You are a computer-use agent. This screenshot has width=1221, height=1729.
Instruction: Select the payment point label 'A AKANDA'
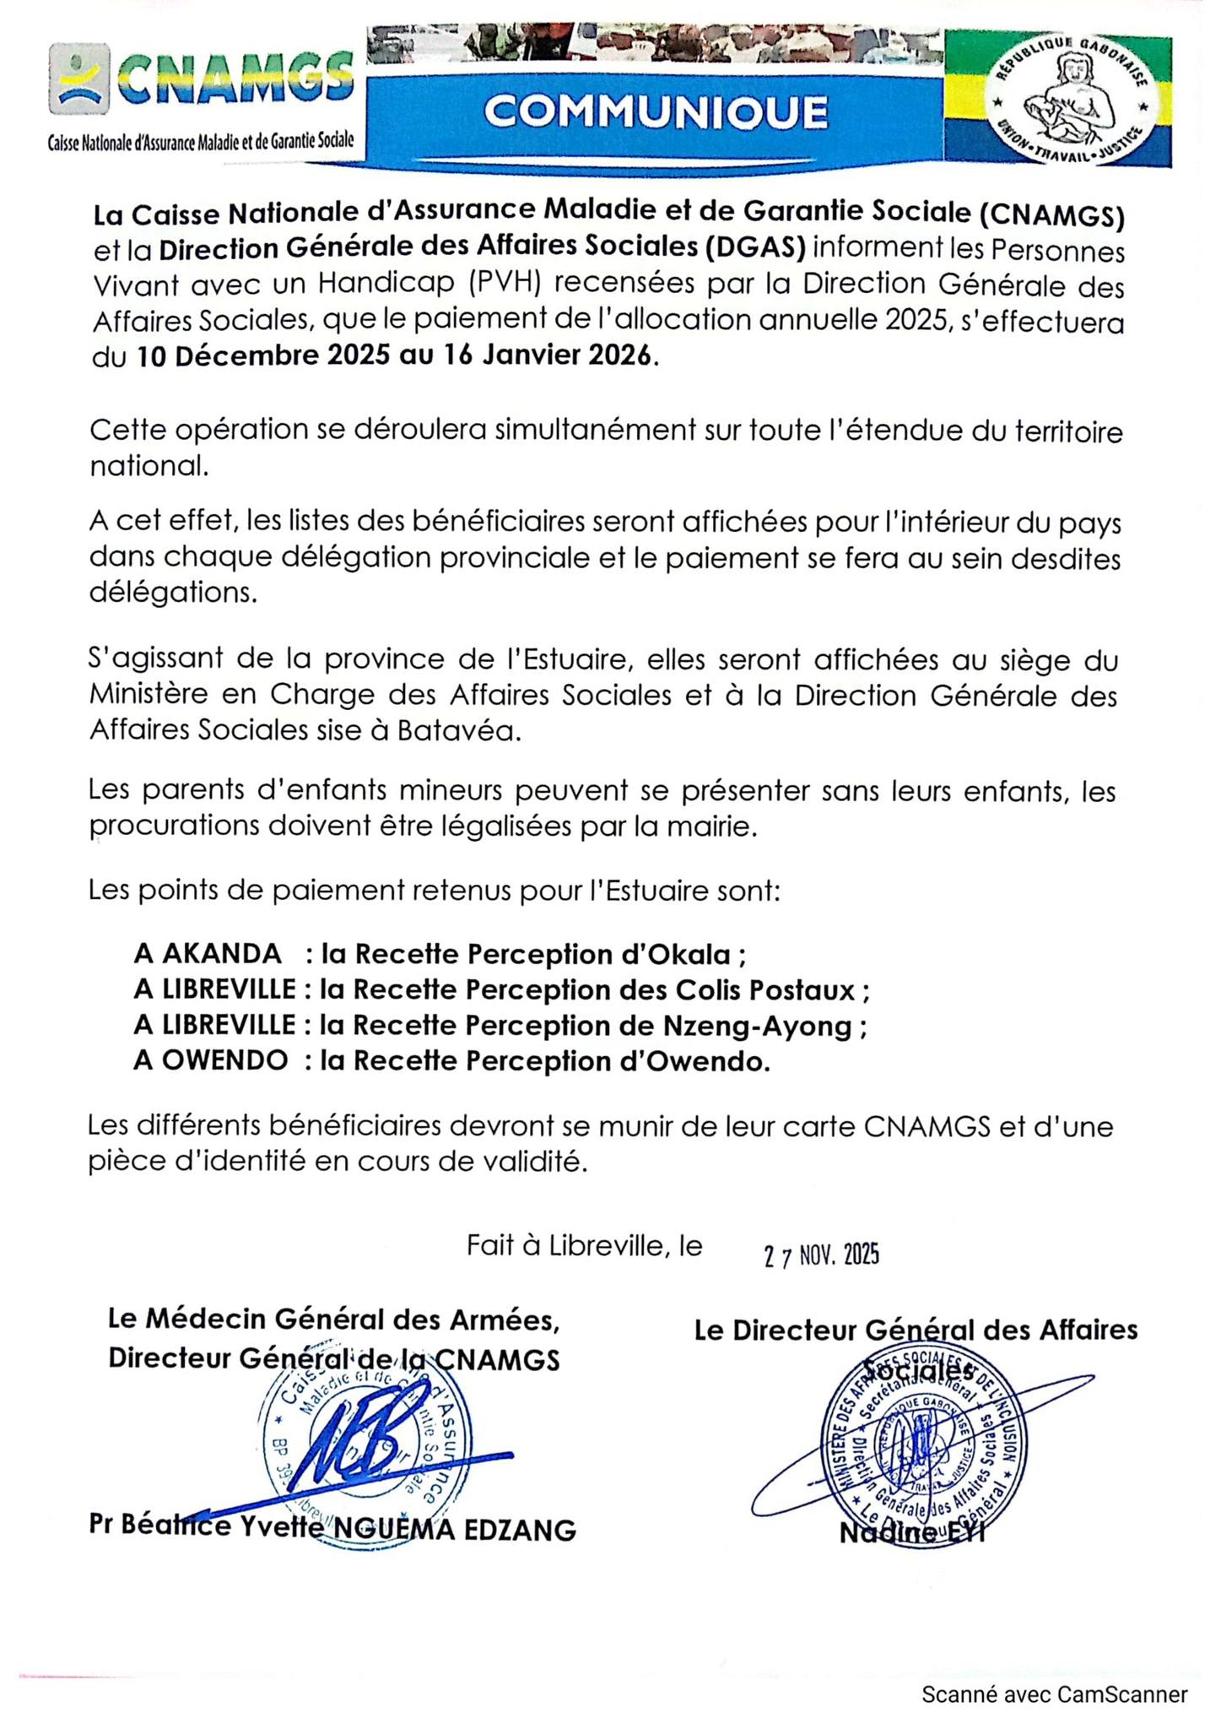coord(208,954)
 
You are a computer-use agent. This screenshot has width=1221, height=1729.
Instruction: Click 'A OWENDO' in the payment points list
coord(211,1060)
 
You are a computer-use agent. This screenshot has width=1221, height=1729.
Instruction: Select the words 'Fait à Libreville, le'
coord(585,1246)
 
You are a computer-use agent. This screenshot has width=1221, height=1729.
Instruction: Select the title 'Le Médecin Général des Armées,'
coord(333,1320)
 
